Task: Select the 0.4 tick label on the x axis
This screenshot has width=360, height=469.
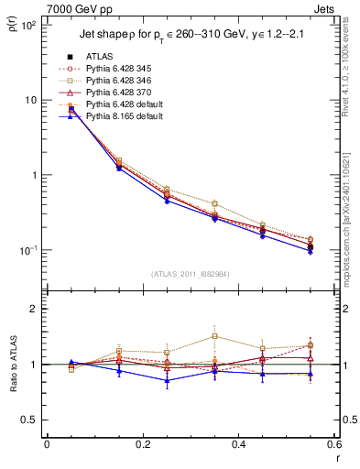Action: (x=238, y=446)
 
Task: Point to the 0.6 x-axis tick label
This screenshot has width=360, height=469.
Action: (x=333, y=446)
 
